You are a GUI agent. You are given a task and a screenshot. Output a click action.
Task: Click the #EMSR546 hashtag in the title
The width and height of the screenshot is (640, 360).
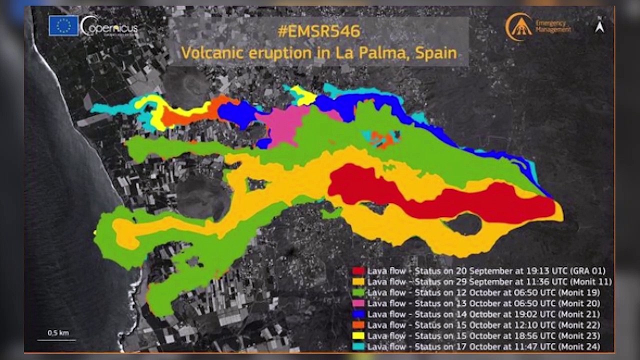tap(318, 31)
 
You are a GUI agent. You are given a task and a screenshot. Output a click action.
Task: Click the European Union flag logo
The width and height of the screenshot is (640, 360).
tap(63, 25)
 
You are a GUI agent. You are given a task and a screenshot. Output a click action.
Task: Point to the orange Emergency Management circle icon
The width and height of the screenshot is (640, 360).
tap(518, 26)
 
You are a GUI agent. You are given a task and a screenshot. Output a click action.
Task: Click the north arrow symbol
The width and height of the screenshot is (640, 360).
tap(599, 26)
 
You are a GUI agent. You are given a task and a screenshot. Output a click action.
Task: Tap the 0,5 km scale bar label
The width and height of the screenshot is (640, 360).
tap(58, 333)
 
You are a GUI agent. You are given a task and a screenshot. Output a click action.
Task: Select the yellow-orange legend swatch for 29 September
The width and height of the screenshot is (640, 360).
tap(358, 282)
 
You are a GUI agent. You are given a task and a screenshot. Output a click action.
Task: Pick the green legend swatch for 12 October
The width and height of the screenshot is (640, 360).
tap(358, 292)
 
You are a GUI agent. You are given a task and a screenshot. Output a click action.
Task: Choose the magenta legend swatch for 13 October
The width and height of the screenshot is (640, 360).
tap(358, 303)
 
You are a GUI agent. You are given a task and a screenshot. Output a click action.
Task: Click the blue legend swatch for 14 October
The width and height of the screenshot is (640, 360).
tap(358, 314)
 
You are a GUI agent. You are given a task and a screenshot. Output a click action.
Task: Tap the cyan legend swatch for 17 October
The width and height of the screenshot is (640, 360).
tap(358, 346)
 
